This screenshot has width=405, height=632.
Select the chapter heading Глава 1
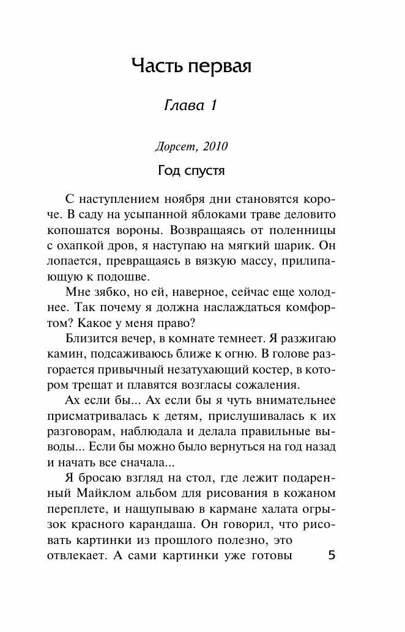coord(191,106)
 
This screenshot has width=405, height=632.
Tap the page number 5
coord(332,556)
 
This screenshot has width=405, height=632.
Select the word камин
coord(64,355)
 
